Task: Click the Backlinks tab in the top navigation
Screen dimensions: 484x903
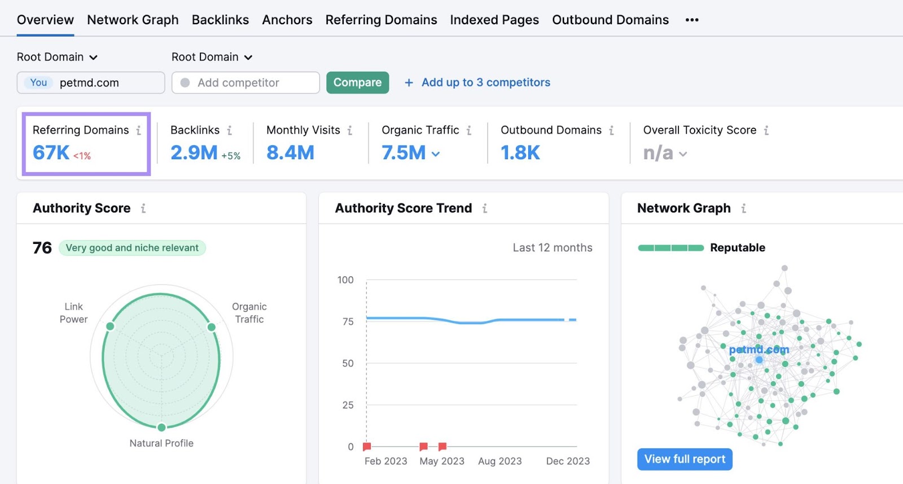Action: click(x=220, y=20)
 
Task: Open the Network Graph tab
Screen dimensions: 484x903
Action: click(x=133, y=20)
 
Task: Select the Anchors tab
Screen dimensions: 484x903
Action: click(x=287, y=20)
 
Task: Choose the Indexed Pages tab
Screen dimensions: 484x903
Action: click(x=494, y=20)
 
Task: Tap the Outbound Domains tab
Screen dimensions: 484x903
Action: click(x=610, y=20)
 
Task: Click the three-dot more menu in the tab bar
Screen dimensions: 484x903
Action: click(x=692, y=20)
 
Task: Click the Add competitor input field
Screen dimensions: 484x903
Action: click(x=246, y=83)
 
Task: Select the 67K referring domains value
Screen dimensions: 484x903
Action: click(x=51, y=152)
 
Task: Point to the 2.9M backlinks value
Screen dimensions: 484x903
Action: click(x=194, y=152)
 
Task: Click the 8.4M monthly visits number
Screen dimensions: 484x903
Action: click(x=290, y=152)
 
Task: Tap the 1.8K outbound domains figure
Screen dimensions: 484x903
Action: click(x=520, y=152)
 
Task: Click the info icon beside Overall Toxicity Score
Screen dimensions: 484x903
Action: click(x=766, y=130)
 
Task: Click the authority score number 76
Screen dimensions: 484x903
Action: click(x=42, y=248)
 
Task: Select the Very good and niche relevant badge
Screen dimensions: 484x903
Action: click(x=132, y=248)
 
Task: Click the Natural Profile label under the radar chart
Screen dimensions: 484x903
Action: click(x=161, y=443)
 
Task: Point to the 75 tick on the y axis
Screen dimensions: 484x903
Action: click(x=348, y=321)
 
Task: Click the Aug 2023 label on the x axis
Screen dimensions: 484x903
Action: click(x=499, y=461)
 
